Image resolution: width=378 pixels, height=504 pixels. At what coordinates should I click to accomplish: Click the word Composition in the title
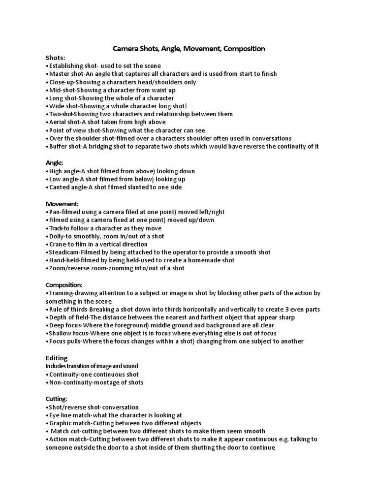[242, 49]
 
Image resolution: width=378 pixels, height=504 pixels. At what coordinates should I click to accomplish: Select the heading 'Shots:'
[55, 58]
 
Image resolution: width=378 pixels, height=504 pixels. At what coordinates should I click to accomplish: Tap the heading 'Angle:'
[55, 162]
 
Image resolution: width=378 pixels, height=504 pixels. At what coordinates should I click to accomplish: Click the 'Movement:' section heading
[63, 204]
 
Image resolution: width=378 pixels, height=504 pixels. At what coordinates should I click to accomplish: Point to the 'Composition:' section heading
[64, 284]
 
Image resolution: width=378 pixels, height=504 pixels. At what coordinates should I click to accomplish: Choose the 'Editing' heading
[57, 358]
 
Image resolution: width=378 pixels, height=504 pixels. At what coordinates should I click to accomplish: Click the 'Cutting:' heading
[57, 399]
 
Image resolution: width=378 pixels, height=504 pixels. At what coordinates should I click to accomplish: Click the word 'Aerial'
[57, 122]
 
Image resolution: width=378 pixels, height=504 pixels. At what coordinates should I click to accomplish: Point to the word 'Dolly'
[57, 236]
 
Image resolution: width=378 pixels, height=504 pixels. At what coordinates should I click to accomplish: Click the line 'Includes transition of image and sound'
[92, 366]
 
